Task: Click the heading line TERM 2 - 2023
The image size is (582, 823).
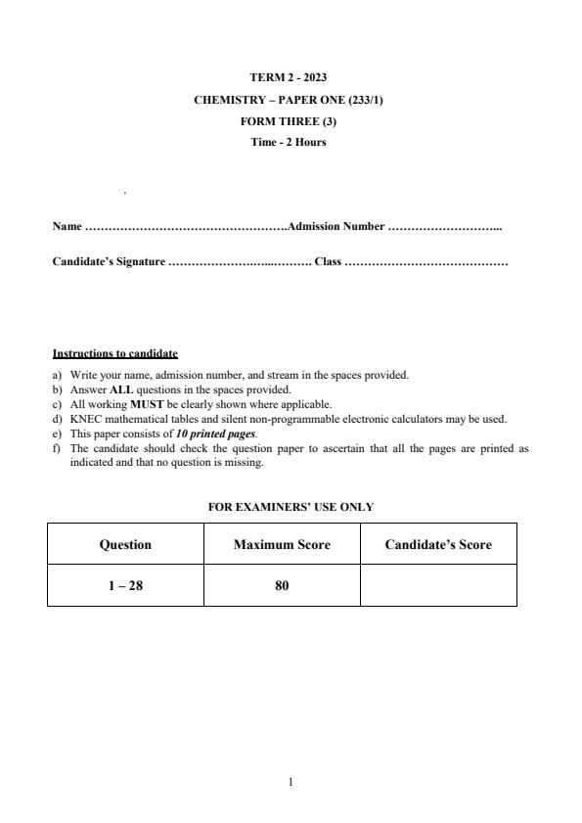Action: point(291,76)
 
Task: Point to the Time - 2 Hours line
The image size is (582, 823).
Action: point(291,142)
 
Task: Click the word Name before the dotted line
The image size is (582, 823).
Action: point(67,227)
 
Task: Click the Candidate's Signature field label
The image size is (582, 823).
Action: point(109,262)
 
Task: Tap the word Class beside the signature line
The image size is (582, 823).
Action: point(328,262)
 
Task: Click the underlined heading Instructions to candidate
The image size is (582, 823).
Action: point(114,353)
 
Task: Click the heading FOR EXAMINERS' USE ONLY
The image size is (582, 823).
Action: point(291,507)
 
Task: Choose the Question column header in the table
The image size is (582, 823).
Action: point(125,544)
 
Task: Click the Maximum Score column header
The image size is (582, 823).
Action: point(282,544)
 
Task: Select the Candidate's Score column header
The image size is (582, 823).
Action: point(438,544)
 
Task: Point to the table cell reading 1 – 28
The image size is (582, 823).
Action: point(125,586)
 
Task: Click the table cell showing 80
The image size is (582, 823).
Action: point(282,586)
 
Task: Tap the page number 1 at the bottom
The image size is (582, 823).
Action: point(291,782)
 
